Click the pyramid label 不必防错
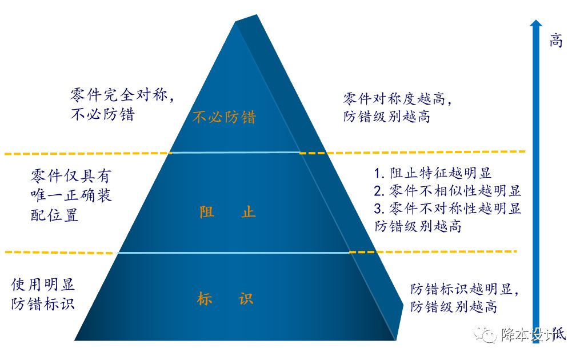[224, 118]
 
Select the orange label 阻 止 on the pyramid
[227, 213]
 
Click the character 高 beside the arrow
[556, 41]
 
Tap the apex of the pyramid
[235, 22]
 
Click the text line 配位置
[54, 216]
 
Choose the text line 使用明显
[43, 285]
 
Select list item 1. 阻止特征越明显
[433, 173]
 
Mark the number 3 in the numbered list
[378, 208]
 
